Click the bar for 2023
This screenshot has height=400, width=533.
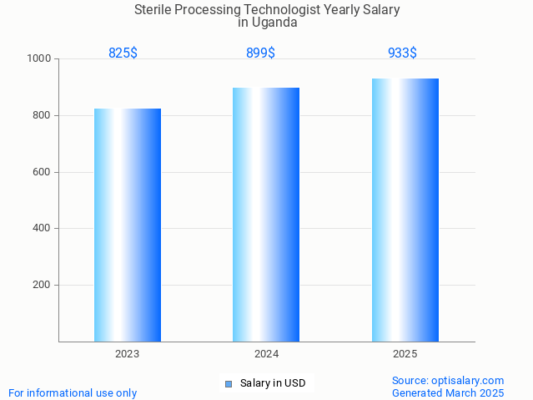(x=127, y=225)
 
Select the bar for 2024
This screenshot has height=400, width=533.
(x=266, y=215)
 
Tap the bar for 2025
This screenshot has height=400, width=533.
(x=405, y=210)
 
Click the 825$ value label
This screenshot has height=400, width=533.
(x=123, y=53)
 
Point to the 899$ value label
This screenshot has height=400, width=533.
(x=260, y=53)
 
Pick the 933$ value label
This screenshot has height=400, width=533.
(x=402, y=53)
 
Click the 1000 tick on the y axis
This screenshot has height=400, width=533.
(x=39, y=59)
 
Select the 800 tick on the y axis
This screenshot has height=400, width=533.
(x=43, y=115)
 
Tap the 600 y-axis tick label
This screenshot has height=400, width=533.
(x=43, y=172)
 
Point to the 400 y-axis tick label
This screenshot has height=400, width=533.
(x=43, y=228)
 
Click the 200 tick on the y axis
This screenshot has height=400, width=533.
(x=43, y=285)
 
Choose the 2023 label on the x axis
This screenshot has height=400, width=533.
(x=127, y=354)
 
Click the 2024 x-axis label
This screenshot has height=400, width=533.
(x=266, y=354)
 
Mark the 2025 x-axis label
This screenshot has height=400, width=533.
(x=405, y=354)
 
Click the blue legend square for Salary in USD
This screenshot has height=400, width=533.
(x=228, y=384)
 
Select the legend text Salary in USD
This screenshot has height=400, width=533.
(x=273, y=384)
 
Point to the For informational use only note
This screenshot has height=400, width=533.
(x=73, y=392)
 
